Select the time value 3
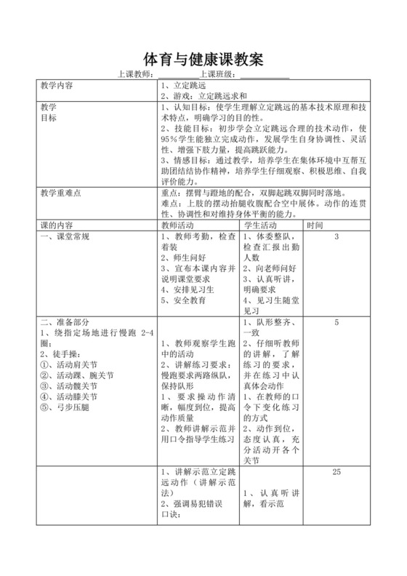[337, 236]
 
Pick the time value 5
[337, 321]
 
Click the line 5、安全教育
[183, 300]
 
